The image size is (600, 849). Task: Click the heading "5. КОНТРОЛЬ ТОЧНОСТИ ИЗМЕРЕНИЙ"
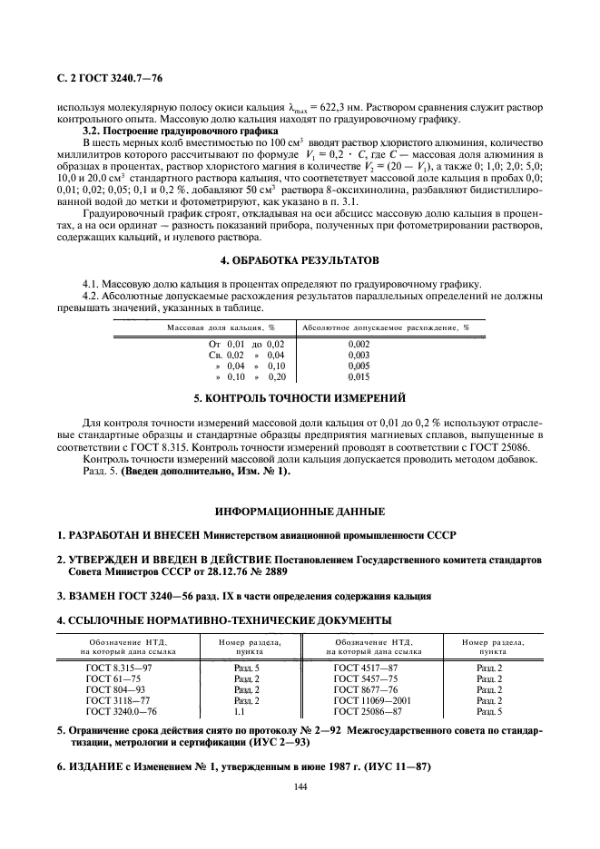coord(300,398)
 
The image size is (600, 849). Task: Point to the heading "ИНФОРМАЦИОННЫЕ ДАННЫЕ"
coord(300,511)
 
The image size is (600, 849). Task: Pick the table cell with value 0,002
coord(359,345)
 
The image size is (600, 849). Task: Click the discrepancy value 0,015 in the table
coord(359,376)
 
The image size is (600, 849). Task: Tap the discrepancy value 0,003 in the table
coord(359,356)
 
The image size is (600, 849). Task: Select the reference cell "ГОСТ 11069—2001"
coord(373,700)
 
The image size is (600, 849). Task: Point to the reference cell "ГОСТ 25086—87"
coord(368,711)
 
